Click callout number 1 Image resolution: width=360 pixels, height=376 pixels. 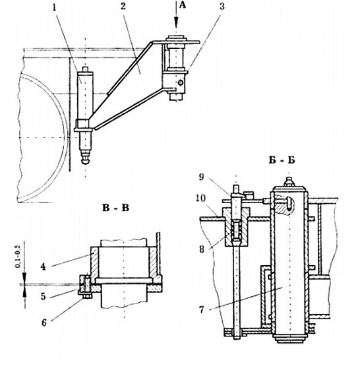coord(55,8)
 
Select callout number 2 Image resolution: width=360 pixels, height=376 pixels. coord(123,7)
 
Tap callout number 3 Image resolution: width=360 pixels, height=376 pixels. coord(222,7)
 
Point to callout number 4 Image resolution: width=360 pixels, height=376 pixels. coord(43,266)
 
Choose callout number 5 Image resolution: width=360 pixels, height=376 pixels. coord(43,296)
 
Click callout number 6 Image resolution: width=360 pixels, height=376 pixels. coord(44,323)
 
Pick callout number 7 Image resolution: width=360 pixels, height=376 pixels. coord(201,310)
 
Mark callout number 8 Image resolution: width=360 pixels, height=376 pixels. coord(202,249)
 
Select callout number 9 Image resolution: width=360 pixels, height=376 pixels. coord(201,177)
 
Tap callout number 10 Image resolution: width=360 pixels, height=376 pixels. coord(200,199)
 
